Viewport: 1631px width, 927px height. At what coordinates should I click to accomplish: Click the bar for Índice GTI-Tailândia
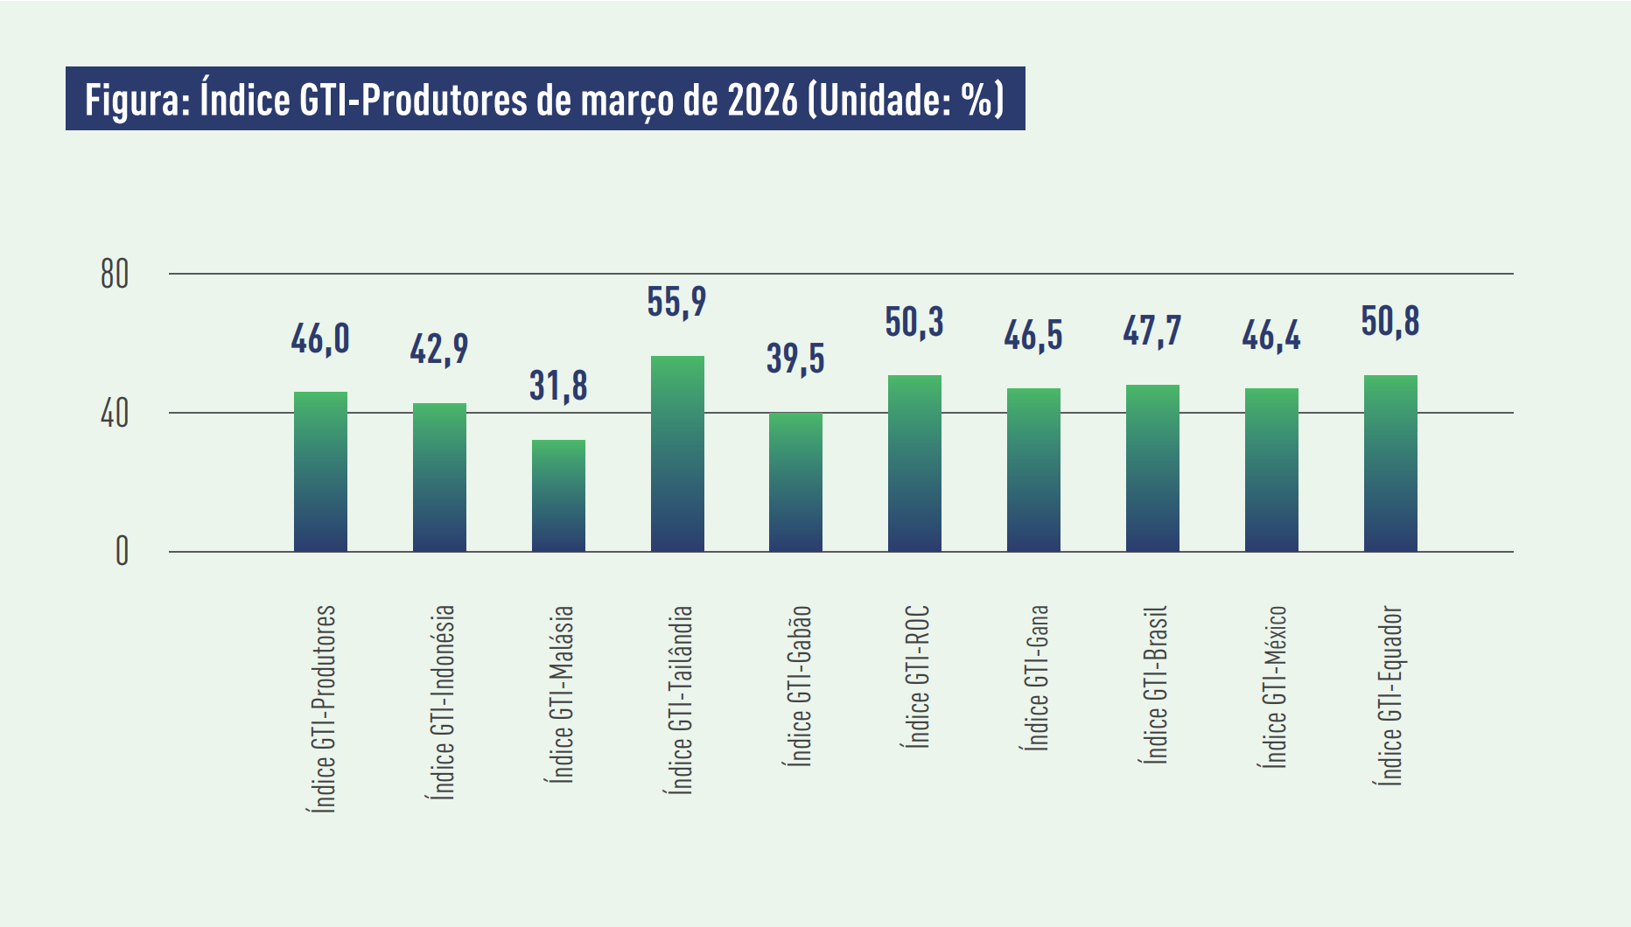point(677,453)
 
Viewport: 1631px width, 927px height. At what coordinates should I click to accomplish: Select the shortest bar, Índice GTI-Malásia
point(558,495)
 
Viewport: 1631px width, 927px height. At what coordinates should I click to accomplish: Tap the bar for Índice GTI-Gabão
point(795,482)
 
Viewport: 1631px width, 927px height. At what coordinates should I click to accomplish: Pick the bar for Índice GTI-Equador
point(1390,463)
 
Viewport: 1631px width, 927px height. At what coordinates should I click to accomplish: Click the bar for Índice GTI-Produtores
point(320,471)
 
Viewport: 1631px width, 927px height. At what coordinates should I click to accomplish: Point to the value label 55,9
point(676,303)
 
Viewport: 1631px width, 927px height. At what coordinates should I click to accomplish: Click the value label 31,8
point(558,387)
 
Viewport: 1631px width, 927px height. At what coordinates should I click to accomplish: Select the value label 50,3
point(914,323)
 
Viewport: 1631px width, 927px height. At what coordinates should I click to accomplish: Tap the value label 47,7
point(1152,331)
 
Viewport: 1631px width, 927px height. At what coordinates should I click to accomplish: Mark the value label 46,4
point(1271,336)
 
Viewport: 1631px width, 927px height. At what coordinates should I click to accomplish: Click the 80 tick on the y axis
point(115,275)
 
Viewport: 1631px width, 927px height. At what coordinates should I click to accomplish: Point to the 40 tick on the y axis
point(115,414)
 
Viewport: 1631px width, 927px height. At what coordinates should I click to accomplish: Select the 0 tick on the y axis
point(122,552)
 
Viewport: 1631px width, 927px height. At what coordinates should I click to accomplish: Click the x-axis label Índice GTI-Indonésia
point(443,701)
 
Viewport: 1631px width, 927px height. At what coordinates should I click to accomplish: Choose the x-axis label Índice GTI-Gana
point(1035,678)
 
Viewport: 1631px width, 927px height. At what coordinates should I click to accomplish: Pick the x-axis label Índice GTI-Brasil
point(1155,684)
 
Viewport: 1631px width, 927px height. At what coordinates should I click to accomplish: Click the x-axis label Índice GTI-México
point(1274,687)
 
